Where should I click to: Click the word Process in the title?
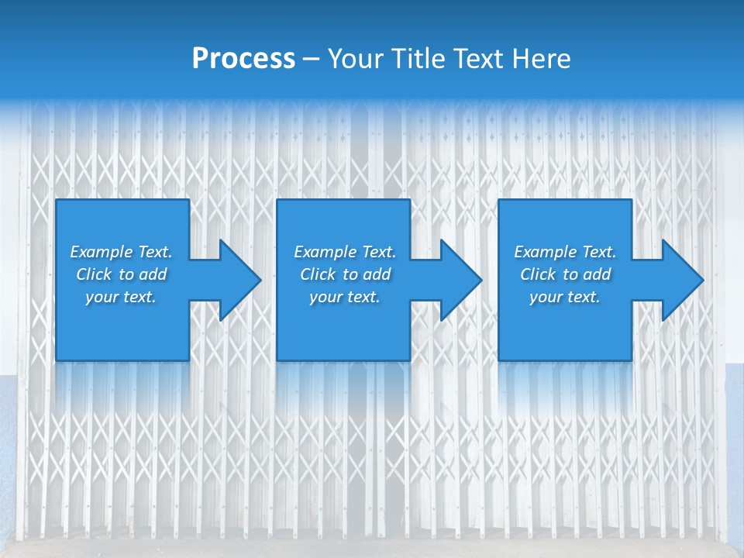pos(243,59)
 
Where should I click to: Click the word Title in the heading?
pos(416,59)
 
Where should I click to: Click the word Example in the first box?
pos(101,252)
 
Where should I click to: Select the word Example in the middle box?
pos(325,252)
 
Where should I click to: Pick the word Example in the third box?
pos(545,252)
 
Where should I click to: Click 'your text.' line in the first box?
pos(121,297)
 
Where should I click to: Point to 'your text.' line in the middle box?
pos(345,297)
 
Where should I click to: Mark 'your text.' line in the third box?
pos(565,297)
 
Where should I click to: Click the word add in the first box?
pos(153,274)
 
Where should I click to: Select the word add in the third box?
pos(598,274)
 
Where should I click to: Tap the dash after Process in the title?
pos(311,59)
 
